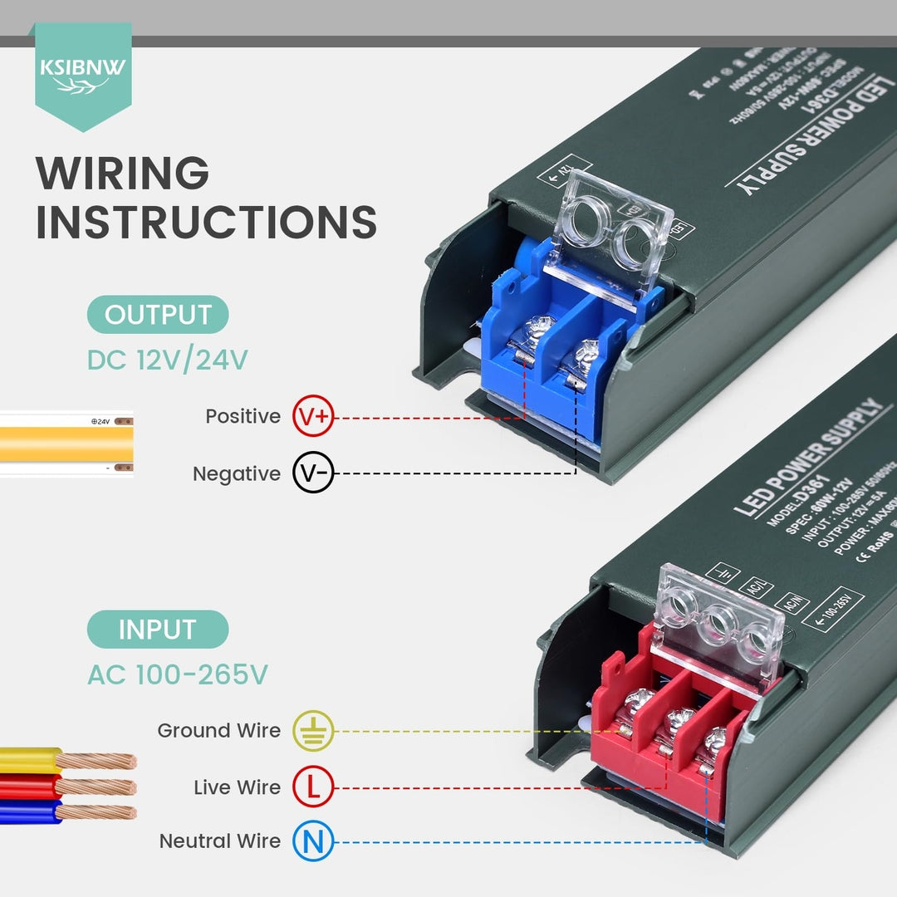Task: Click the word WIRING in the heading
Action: tap(122, 174)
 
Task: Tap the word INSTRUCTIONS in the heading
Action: tap(206, 223)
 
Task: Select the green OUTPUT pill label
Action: tap(158, 315)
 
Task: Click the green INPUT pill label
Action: tap(157, 629)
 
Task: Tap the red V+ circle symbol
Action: tap(313, 417)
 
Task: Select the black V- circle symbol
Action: tap(313, 473)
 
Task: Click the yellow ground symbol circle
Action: tap(313, 732)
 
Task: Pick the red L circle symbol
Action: tap(313, 787)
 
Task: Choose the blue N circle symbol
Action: tap(313, 843)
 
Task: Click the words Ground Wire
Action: tap(219, 731)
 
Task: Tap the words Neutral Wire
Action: tap(220, 841)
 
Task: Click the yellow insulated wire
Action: tap(30, 759)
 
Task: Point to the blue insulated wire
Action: tap(30, 811)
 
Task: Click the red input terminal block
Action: tap(664, 731)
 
